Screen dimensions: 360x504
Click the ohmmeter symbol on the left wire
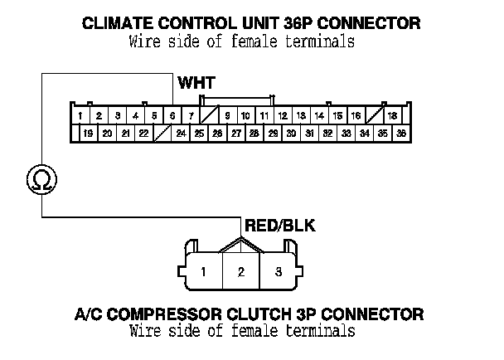[x=38, y=177]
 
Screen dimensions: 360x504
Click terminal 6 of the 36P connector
[x=172, y=115]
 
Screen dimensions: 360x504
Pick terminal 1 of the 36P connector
[x=80, y=115]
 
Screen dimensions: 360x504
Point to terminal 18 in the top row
[x=392, y=115]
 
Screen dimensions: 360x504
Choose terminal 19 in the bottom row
[x=89, y=133]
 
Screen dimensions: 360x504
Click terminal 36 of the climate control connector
[x=401, y=133]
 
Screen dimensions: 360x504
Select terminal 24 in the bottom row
[x=181, y=133]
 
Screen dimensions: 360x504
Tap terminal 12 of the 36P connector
[x=283, y=115]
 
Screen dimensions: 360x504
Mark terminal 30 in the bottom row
[x=291, y=133]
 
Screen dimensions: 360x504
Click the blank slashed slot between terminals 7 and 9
[x=209, y=115]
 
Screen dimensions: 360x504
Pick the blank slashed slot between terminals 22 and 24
[x=162, y=133]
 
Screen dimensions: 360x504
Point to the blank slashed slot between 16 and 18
[x=374, y=115]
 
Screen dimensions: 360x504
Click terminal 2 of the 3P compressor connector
[x=241, y=271]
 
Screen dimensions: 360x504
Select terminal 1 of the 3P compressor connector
[x=204, y=271]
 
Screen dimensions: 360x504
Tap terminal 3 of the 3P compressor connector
[x=279, y=271]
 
